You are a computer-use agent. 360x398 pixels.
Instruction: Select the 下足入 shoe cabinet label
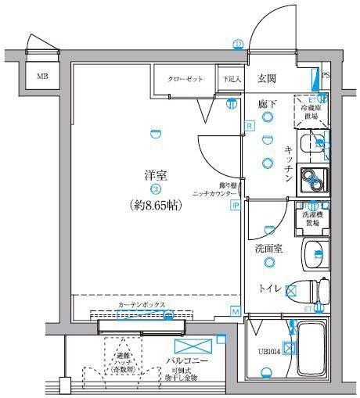coord(229,78)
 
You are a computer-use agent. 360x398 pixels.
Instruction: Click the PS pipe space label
coord(326,77)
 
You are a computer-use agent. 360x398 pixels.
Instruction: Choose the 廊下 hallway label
coord(268,102)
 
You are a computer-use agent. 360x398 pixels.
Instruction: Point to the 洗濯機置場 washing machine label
coord(311,218)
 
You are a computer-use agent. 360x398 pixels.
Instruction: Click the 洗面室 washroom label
coord(268,249)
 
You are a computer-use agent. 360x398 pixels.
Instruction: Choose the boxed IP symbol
coord(235,206)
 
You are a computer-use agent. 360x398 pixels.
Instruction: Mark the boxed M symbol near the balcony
coord(235,311)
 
